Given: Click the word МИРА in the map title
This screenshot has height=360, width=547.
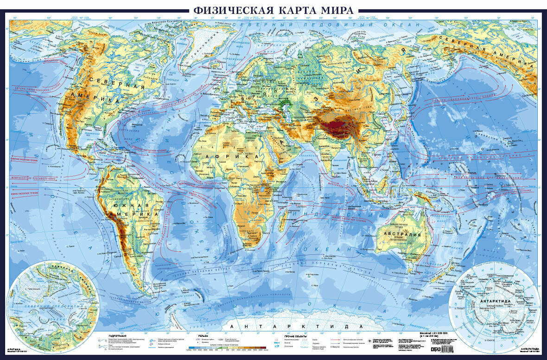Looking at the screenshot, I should tap(333, 9).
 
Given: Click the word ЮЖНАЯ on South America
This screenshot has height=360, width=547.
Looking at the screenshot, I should tap(135, 205).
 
